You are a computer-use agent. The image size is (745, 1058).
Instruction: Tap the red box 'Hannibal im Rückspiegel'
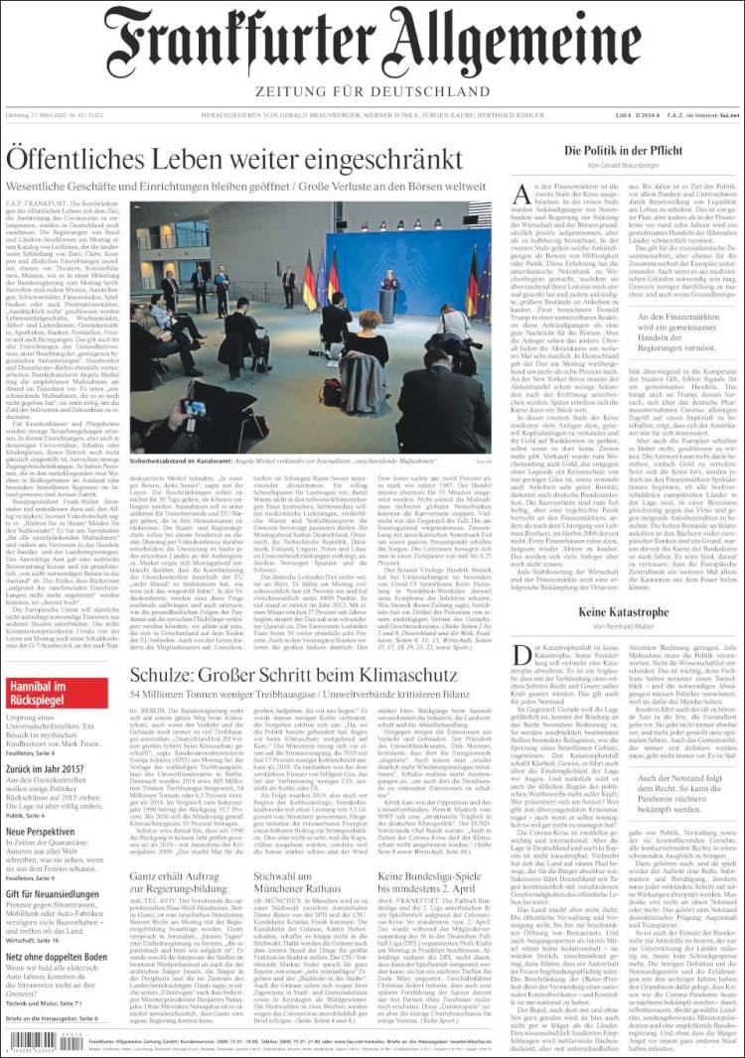tap(57, 693)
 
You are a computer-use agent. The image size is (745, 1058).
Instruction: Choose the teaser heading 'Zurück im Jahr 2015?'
tap(54, 770)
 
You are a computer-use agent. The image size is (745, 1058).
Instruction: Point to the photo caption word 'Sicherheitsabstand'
tap(163, 462)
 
